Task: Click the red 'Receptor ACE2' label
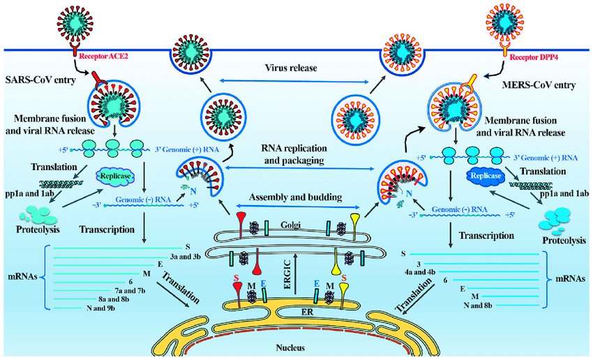[x=102, y=57]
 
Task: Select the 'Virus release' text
[x=291, y=68]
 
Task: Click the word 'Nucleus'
[x=290, y=347]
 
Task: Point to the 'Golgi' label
[x=290, y=225]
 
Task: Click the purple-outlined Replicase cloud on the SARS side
[x=115, y=177]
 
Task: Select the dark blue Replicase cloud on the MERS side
[x=486, y=176]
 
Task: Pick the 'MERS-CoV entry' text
[x=539, y=84]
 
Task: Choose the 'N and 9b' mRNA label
[x=100, y=308]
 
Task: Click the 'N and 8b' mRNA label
[x=478, y=306]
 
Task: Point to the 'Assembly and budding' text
[x=295, y=197]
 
